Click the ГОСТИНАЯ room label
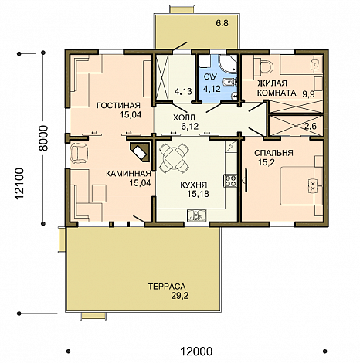pos(118,106)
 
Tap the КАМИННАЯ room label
pos(128,174)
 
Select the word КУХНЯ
pos(193,185)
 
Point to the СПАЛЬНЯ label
pos(273,153)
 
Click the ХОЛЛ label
pos(184,117)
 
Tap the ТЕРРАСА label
pos(167,287)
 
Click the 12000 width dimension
pos(196,351)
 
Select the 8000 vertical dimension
pos(44,138)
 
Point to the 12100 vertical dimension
pos(19,183)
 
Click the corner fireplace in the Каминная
pos(140,152)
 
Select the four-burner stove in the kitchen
pos(230,181)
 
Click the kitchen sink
pos(197,215)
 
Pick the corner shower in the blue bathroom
pos(227,64)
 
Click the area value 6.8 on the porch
pos(222,23)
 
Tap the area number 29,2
pos(180,296)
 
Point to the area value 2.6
pos(311,127)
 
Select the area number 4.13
pos(183,91)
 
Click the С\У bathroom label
pos(210,76)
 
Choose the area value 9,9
pos(308,94)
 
